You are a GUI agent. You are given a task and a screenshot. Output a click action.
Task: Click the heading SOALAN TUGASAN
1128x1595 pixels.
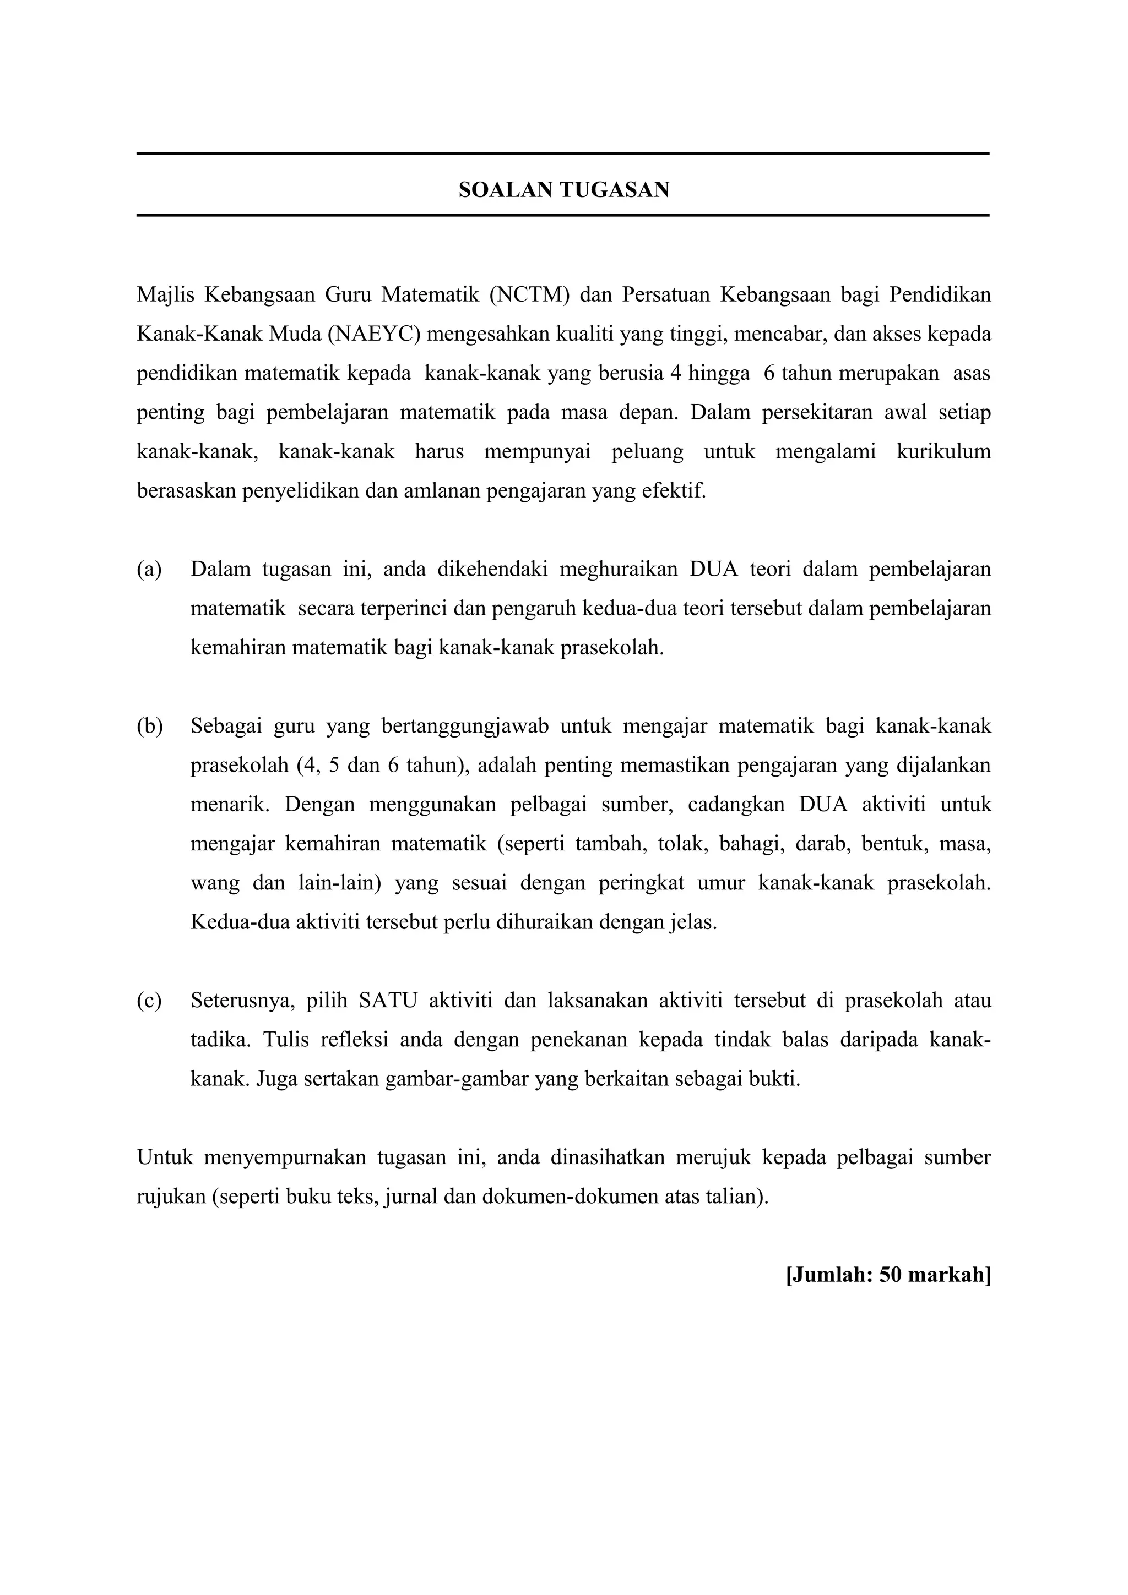(563, 190)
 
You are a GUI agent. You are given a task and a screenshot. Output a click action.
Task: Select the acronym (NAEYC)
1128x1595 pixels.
(374, 334)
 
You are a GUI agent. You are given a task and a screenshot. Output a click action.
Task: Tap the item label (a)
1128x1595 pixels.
(149, 570)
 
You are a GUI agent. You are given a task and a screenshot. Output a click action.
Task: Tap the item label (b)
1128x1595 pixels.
(149, 727)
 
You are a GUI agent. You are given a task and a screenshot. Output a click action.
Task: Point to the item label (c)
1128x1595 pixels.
(149, 1001)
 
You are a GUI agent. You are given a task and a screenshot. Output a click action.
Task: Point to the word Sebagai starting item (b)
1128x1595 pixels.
(225, 727)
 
